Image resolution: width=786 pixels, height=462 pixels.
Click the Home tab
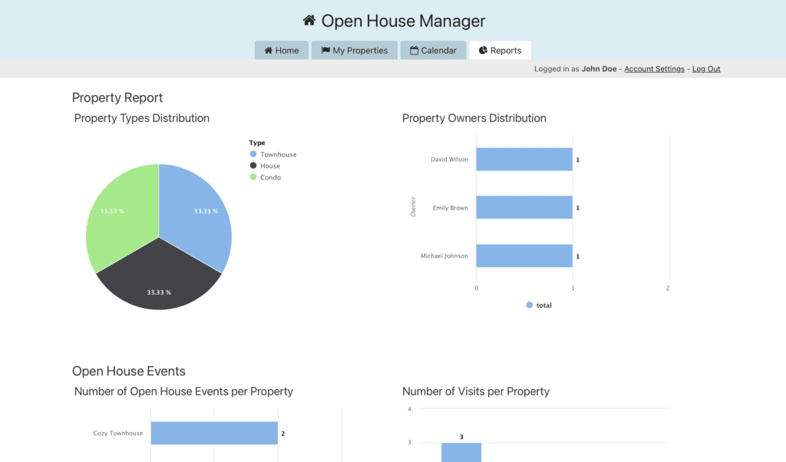282,51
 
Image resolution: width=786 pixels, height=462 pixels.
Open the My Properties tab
354,51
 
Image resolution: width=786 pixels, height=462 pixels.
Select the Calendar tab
433,51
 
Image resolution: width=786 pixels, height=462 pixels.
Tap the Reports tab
500,51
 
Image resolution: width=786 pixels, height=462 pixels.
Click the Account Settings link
654,69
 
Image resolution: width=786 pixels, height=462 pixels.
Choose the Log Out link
706,69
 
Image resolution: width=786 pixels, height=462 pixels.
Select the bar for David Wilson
523,160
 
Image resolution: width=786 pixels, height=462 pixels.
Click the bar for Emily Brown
523,208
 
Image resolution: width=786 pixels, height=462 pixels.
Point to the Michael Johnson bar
523,256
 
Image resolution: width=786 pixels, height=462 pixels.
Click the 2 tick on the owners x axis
668,288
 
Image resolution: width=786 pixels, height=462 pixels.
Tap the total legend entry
539,305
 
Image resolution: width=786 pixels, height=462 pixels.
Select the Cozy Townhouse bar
213,434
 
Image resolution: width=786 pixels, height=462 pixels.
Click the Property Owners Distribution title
474,118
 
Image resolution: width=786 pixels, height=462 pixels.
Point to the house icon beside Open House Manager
309,21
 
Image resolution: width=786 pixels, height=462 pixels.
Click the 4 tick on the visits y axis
410,409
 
